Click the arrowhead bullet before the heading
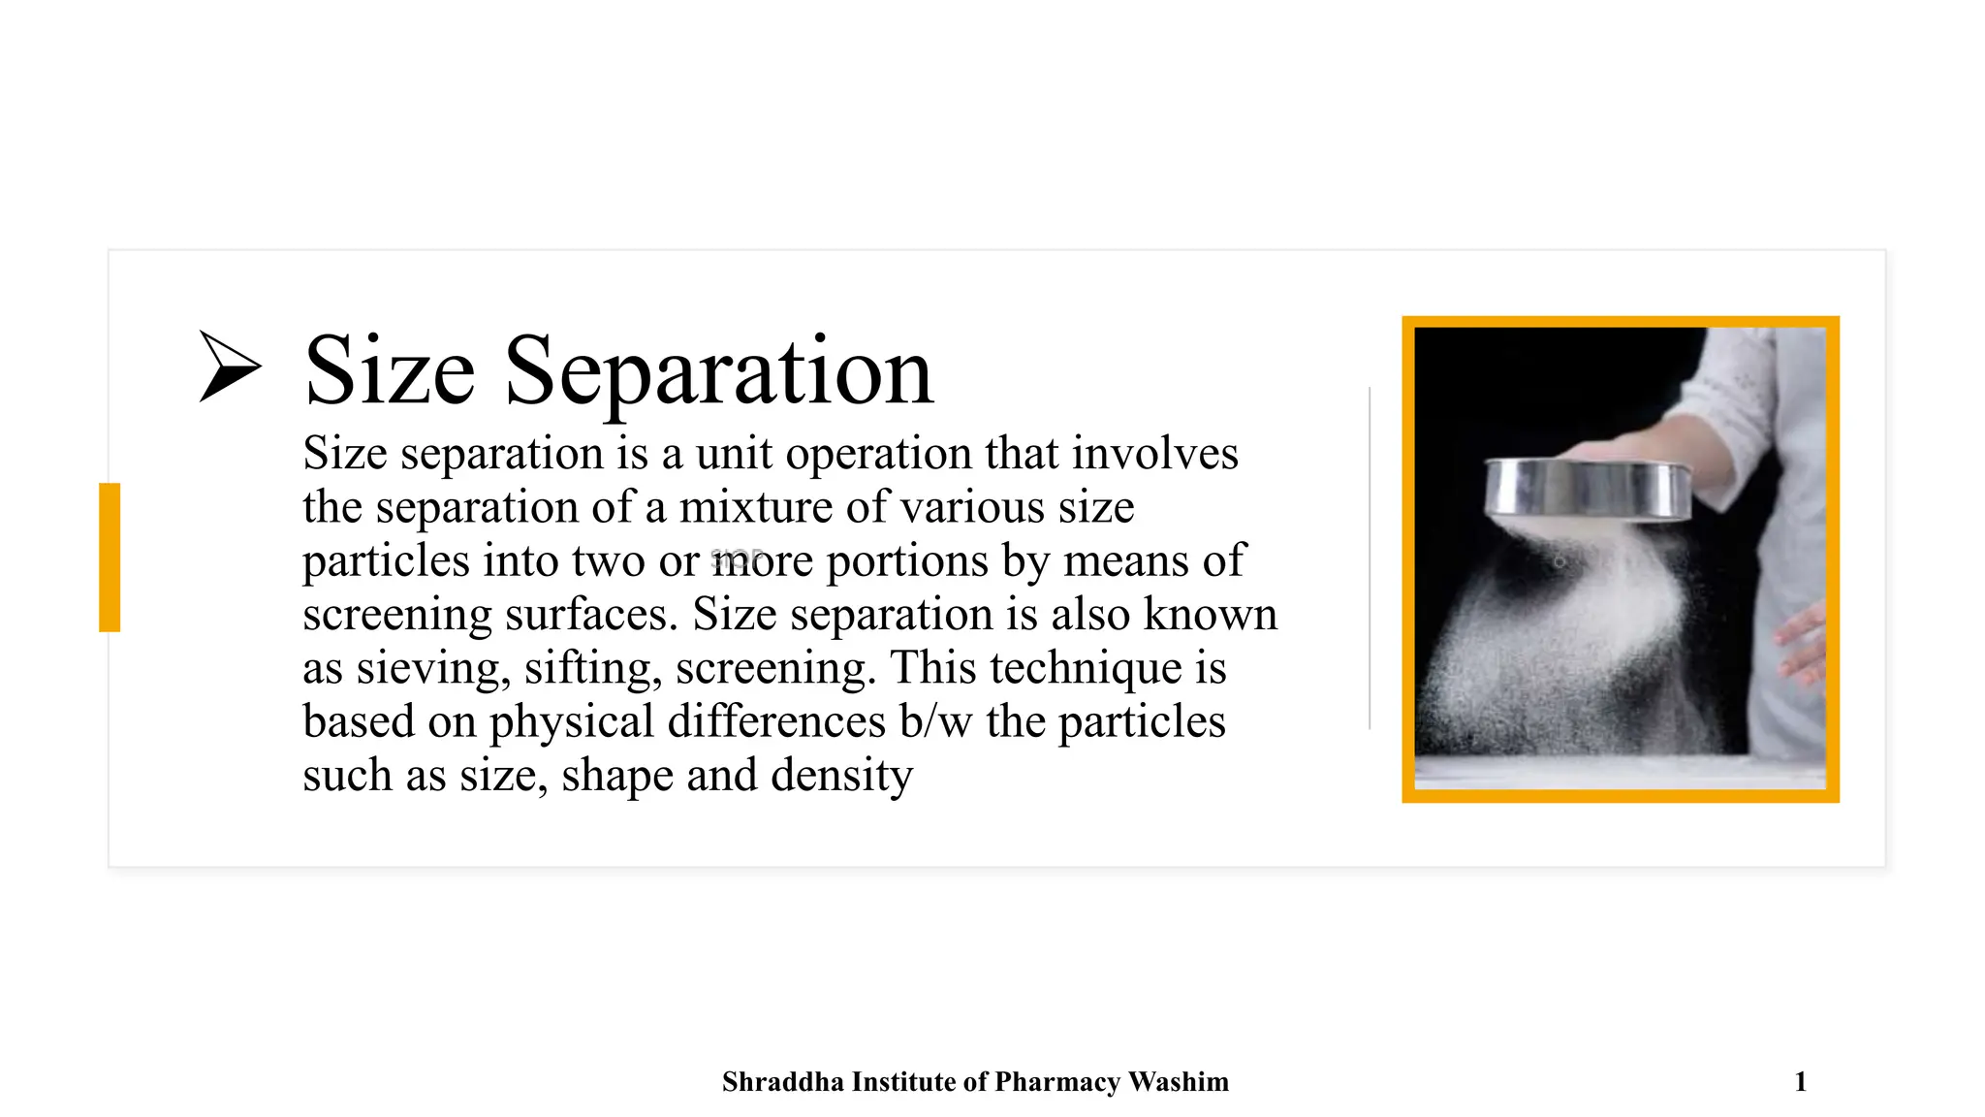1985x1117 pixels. [229, 367]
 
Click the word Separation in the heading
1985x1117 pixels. [718, 371]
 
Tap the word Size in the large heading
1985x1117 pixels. [390, 371]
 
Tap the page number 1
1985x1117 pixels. [1800, 1082]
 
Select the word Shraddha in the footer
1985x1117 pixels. [782, 1082]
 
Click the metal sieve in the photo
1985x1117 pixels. [1588, 490]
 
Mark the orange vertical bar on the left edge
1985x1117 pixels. [110, 558]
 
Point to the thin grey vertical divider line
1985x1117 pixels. [1370, 558]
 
